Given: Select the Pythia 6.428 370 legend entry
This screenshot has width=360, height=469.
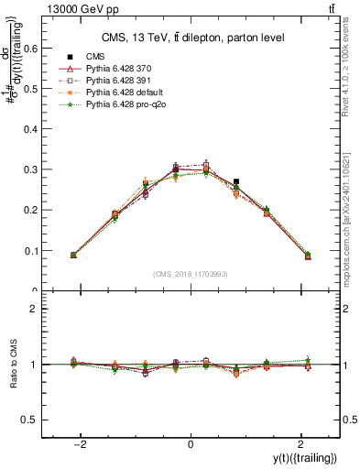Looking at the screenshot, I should point(115,70).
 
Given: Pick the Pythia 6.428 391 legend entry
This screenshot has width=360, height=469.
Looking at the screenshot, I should point(115,82).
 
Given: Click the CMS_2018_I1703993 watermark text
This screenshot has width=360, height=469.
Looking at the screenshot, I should point(190,274).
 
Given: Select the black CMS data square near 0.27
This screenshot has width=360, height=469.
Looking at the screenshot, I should point(236,182).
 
